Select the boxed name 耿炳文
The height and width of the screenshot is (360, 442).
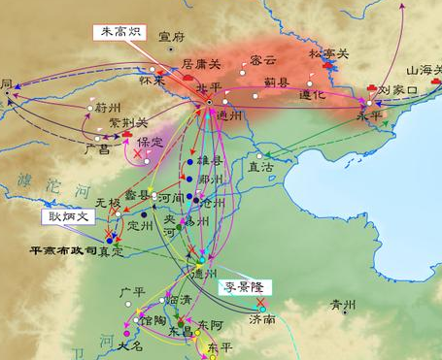click(67, 215)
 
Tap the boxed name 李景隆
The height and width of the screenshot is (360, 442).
click(243, 287)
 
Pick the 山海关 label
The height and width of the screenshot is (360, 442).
click(423, 70)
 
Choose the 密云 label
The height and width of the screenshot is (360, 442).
click(261, 59)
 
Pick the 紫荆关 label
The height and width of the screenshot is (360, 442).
click(128, 123)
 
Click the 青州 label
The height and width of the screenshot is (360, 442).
click(343, 303)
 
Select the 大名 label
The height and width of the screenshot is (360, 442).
click(128, 345)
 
